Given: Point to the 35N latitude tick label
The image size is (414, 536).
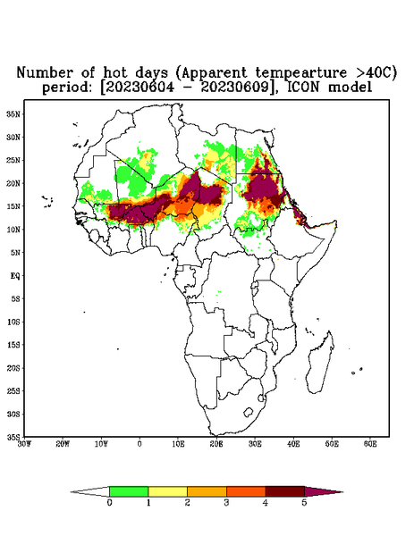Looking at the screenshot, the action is [x=13, y=113].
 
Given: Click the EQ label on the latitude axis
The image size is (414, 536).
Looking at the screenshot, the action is [x=15, y=275].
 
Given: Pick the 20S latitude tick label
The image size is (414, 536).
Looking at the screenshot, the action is [x=13, y=368].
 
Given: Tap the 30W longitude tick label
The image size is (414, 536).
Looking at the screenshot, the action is [x=24, y=444].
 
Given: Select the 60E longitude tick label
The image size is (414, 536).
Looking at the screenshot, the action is [x=370, y=444].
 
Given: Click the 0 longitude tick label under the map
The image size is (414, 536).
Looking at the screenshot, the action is [x=139, y=444].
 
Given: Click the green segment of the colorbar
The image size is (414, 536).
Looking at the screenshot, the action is [x=129, y=491].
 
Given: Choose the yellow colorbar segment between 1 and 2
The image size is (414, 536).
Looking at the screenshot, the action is [x=167, y=491].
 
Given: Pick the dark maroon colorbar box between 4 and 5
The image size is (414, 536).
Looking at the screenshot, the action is [x=285, y=491].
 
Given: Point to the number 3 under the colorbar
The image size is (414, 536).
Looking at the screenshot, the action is [x=226, y=503].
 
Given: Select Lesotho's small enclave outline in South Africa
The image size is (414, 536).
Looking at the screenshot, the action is [x=248, y=412].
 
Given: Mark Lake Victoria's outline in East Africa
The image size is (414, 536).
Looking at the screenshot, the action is [x=254, y=285].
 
